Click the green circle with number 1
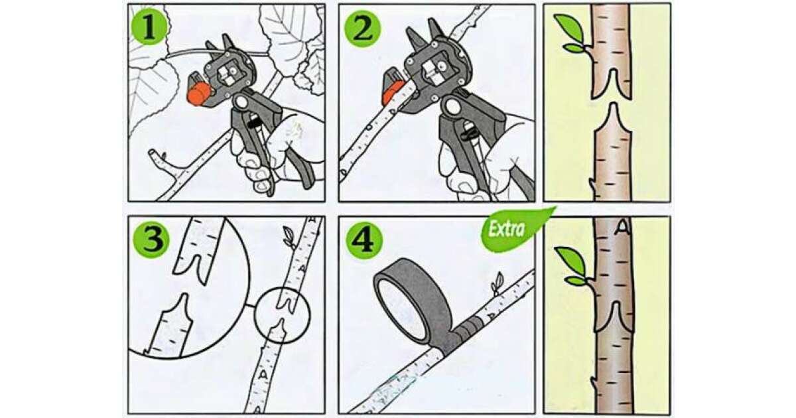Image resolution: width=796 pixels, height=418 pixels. pyautogui.click(x=149, y=27)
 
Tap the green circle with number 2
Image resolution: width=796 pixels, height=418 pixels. pyautogui.click(x=363, y=29)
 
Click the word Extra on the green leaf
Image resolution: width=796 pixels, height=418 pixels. pyautogui.click(x=506, y=230)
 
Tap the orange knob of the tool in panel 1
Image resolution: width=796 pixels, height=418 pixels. pyautogui.click(x=198, y=94)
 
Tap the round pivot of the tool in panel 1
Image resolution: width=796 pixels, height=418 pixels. pyautogui.click(x=241, y=103)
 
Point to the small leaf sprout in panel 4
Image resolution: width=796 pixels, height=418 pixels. pyautogui.click(x=497, y=283)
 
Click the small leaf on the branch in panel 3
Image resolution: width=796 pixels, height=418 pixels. pyautogui.click(x=289, y=238)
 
